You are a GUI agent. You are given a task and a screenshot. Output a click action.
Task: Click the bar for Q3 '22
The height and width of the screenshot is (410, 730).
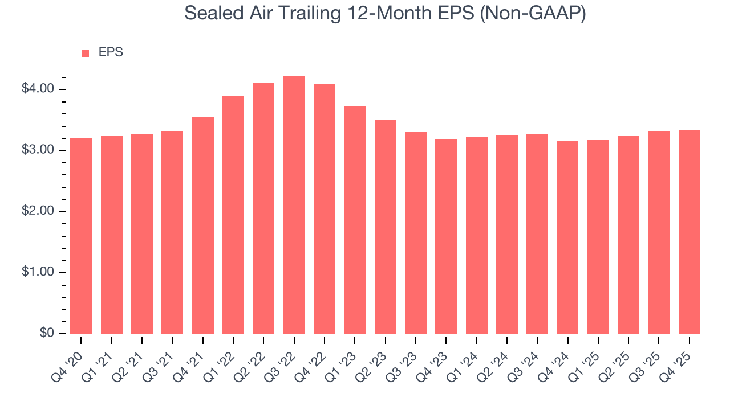tap(294, 205)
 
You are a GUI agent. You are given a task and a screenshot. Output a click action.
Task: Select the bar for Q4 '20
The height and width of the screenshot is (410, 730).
tap(81, 236)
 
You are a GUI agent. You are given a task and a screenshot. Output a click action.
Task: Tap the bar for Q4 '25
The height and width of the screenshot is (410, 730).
tap(690, 232)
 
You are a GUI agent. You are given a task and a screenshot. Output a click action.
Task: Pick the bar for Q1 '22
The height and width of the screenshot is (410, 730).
tap(233, 215)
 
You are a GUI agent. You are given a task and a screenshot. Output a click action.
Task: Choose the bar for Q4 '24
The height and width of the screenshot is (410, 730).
tap(567, 237)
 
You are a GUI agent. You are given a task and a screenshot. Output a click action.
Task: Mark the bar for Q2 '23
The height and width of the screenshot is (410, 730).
tap(386, 227)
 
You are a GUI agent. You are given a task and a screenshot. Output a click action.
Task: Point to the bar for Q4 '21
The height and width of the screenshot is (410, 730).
tap(203, 225)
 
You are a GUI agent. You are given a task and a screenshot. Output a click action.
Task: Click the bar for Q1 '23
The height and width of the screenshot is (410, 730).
tap(355, 220)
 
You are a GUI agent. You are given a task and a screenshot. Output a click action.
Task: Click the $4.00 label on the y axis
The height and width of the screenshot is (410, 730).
tap(38, 89)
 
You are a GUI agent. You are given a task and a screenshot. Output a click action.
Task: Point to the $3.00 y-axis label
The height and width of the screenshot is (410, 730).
tap(38, 150)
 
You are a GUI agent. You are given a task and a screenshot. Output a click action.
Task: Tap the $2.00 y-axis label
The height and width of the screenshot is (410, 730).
tap(38, 211)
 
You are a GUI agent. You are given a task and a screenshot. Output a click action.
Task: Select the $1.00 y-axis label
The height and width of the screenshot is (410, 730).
tap(38, 272)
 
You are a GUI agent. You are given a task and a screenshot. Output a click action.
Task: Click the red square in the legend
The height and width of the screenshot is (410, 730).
tap(86, 53)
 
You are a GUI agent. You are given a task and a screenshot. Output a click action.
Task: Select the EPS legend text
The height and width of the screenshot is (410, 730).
tap(111, 52)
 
